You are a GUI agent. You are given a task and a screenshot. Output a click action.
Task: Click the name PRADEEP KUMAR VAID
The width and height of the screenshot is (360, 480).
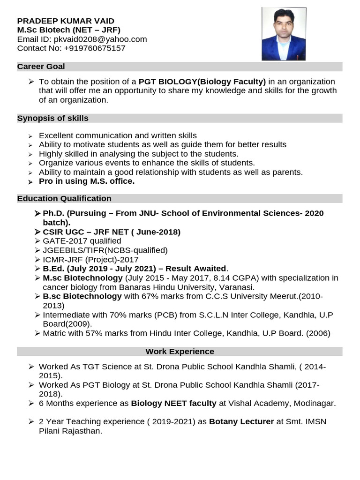[x=66, y=21]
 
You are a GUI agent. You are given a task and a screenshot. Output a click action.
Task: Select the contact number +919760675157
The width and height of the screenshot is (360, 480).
[x=95, y=48]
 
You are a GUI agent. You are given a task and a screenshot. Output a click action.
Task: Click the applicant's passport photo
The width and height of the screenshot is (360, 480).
[x=284, y=34]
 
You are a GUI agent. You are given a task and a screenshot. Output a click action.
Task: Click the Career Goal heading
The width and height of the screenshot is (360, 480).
[x=41, y=67]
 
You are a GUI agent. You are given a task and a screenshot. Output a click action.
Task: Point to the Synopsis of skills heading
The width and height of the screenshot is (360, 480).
[x=53, y=118]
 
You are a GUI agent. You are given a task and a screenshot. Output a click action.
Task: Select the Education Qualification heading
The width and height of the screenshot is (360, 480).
[x=64, y=198]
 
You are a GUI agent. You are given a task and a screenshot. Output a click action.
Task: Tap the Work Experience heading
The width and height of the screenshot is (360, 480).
[x=180, y=351]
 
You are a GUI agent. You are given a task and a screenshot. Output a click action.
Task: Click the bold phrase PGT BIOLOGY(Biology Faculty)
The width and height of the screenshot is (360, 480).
[x=202, y=82]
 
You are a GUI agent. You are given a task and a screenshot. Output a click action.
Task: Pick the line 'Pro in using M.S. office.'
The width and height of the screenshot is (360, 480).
[x=87, y=181]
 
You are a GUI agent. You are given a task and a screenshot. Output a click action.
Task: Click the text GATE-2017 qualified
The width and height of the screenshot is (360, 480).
[x=82, y=241]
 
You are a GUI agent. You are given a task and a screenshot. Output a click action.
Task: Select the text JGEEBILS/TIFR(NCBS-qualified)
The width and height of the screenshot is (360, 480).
[x=105, y=250]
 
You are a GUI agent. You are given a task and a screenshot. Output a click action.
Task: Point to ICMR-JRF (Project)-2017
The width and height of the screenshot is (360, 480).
[x=90, y=260]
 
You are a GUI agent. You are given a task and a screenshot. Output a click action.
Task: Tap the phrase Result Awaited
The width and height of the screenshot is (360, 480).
[x=196, y=269]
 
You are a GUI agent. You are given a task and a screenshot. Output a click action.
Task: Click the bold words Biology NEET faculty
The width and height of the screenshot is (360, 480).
[x=173, y=403]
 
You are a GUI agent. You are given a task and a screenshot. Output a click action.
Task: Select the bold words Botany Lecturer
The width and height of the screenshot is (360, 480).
[x=241, y=421]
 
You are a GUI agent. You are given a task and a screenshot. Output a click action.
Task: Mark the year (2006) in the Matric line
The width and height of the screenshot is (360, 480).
[x=318, y=333]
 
